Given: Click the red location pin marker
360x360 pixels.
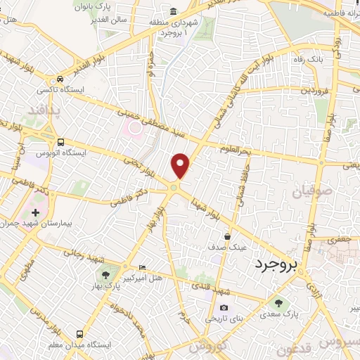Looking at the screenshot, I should click(181, 165).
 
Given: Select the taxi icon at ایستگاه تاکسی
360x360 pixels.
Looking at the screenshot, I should click(61, 79).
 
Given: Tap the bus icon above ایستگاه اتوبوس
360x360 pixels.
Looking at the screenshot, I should click(61, 141).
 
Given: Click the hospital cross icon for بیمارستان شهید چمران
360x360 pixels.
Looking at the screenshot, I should click(35, 212).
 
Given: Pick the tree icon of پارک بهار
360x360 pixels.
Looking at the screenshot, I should click(105, 275).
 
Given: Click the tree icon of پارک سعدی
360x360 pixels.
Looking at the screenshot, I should click(278, 304).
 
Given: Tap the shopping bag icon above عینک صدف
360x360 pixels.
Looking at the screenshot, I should click(227, 237).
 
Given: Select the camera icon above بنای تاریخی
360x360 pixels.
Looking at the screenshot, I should click(224, 308).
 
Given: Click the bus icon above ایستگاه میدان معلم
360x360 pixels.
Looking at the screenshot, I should click(80, 334).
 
